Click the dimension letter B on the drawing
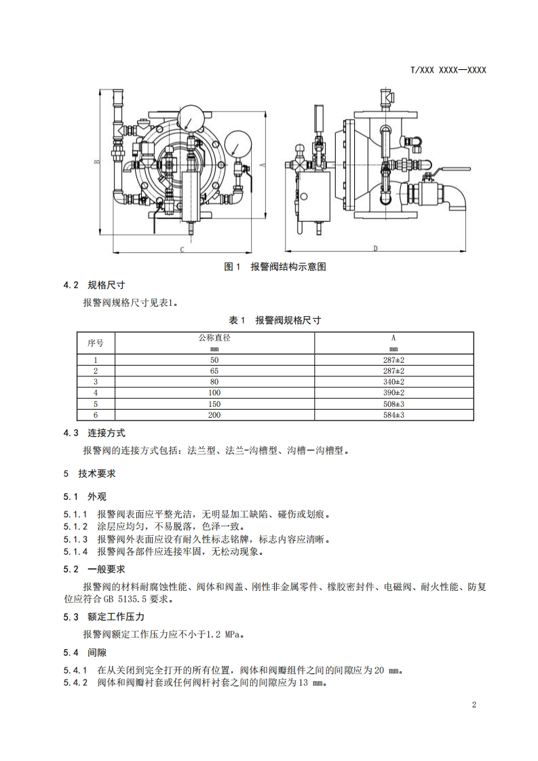point(97,161)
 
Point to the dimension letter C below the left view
point(182,250)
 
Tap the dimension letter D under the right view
point(375,249)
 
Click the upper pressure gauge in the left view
point(191,117)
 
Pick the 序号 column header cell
point(96,343)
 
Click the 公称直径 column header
point(214,338)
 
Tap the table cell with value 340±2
point(393,382)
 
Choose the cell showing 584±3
point(393,414)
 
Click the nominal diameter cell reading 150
point(214,404)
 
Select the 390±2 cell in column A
point(393,393)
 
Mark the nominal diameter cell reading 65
point(214,371)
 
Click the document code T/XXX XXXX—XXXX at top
point(448,71)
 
